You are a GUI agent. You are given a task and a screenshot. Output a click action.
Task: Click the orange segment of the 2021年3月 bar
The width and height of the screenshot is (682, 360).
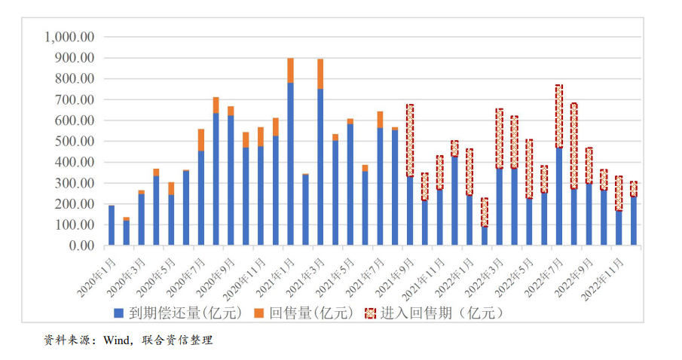(x=320, y=74)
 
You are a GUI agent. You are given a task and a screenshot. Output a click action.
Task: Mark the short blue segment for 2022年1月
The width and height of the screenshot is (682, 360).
(x=485, y=236)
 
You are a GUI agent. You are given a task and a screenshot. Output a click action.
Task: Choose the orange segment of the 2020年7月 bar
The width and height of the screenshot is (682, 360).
(x=201, y=139)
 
